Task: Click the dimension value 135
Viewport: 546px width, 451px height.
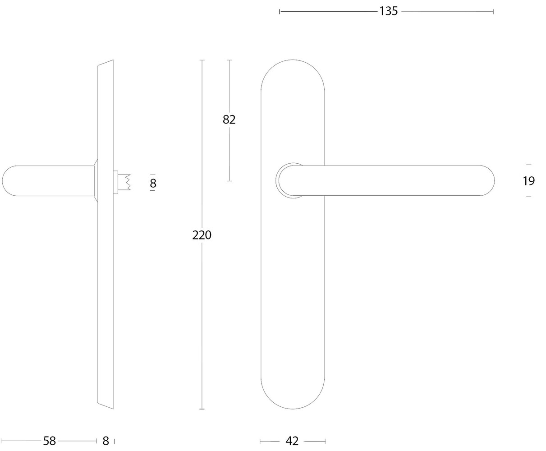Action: (x=388, y=11)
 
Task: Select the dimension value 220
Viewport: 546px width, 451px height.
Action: (x=202, y=235)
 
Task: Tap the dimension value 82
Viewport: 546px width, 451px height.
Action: (x=229, y=120)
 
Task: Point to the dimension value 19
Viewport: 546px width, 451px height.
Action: (x=528, y=181)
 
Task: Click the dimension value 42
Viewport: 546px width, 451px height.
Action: (x=292, y=441)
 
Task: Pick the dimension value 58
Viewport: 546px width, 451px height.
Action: (x=49, y=441)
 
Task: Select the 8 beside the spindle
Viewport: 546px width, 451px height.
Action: (x=153, y=183)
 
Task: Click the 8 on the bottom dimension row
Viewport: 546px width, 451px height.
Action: (x=106, y=441)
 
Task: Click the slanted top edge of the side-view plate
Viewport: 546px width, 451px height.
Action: (x=106, y=63)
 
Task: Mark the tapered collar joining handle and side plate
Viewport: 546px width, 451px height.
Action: (x=96, y=181)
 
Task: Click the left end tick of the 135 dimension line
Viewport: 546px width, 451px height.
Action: (x=280, y=11)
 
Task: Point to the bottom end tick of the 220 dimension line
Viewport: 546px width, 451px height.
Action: (x=202, y=409)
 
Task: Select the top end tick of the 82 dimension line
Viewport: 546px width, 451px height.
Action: (x=229, y=60)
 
